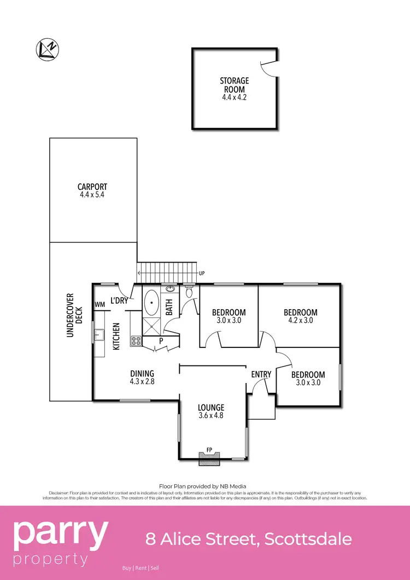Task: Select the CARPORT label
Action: point(92,187)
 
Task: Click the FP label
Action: point(209,450)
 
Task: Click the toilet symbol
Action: point(189,292)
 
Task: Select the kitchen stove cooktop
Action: point(136,341)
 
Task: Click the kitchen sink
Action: point(99,335)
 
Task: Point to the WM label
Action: point(99,304)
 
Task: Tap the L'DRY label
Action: point(119,300)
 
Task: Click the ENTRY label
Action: point(261,374)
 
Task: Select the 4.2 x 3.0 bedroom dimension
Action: point(301,321)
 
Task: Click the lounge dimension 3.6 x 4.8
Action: point(211,415)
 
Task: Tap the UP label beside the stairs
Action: point(202,272)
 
